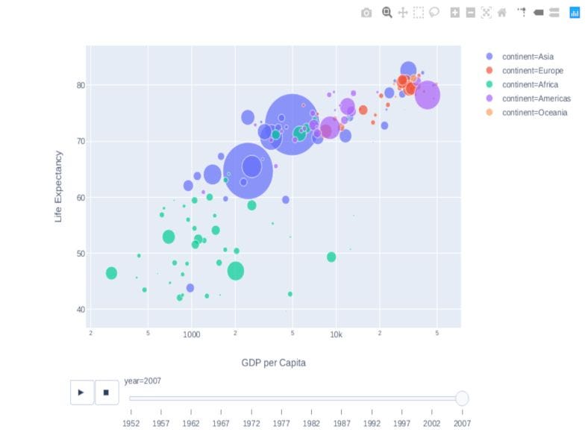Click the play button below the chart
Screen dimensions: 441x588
82,392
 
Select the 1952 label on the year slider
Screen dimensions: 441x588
131,423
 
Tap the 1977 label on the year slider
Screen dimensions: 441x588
281,423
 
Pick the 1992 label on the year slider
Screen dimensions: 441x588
372,423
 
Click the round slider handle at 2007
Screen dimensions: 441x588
462,398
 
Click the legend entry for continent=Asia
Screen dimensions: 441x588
528,57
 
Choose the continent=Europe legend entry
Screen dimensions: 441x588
532,71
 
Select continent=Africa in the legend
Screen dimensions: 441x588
530,84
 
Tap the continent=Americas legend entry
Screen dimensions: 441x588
536,98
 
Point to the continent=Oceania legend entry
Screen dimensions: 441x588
534,113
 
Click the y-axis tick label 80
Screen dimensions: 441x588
80,85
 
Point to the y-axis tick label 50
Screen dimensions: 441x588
80,254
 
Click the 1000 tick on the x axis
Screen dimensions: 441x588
192,334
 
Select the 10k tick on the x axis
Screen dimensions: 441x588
336,334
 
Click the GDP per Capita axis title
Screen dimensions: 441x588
273,363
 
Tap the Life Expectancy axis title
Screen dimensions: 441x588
59,187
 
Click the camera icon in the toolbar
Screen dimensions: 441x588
366,13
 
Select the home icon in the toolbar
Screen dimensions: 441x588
501,13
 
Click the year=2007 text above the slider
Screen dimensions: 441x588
143,381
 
